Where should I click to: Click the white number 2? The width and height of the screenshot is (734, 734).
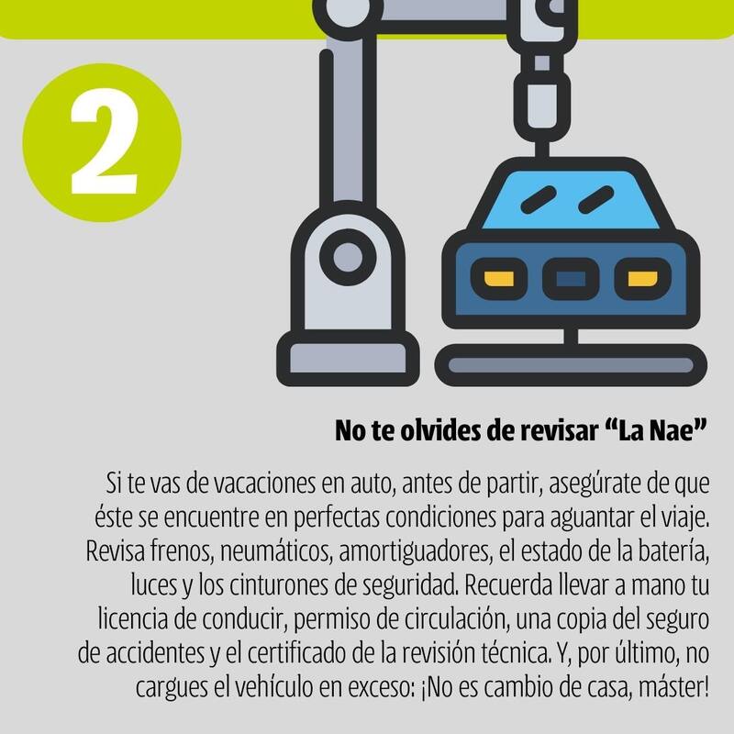(105, 141)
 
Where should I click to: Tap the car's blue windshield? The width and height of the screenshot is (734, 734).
(571, 200)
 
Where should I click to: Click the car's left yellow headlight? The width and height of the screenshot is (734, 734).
(499, 279)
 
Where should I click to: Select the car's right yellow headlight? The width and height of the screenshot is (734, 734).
(642, 279)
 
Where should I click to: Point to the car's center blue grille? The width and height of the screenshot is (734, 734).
(571, 279)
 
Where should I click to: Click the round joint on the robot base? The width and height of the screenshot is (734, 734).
(348, 257)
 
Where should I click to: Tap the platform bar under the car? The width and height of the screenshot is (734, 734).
(571, 365)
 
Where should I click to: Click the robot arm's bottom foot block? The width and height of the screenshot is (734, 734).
(348, 359)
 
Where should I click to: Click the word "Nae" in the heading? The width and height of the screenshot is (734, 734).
(672, 430)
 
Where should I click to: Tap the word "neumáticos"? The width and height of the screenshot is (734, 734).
(276, 551)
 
